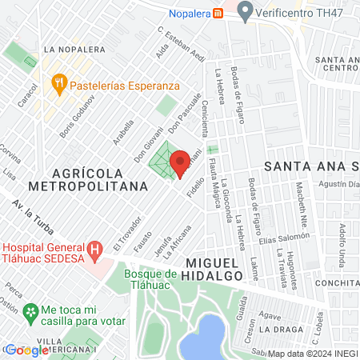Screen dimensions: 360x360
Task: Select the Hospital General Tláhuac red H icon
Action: (94, 250)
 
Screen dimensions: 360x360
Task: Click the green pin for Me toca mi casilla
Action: (30, 310)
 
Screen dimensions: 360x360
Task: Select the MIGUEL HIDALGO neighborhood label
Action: (214, 268)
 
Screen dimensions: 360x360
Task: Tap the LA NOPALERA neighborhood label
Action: (75, 49)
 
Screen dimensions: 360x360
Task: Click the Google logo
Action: (26, 350)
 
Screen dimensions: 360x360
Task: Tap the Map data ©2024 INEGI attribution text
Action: (312, 354)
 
